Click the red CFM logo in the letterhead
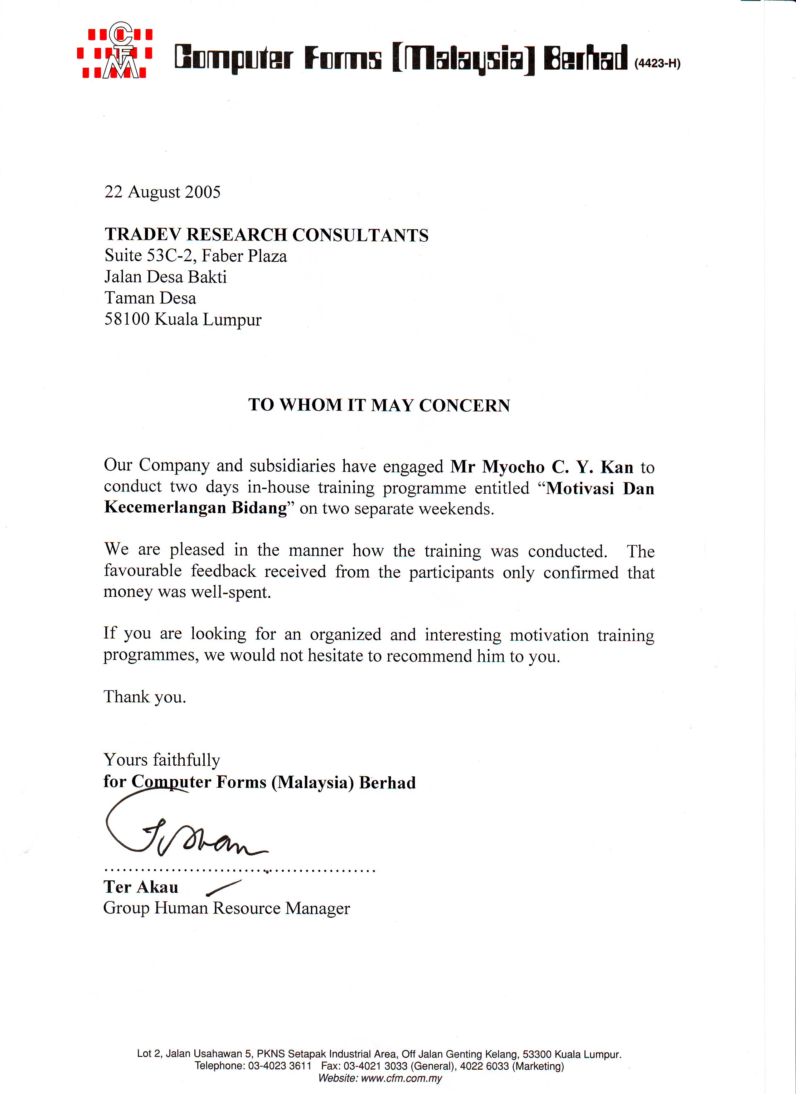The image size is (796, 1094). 115,51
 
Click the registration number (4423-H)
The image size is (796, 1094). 657,63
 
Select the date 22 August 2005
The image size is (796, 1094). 162,192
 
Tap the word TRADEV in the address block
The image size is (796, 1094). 143,235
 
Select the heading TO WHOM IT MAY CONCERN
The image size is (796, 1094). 379,405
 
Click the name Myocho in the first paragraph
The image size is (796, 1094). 513,467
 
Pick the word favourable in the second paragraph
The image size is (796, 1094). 143,571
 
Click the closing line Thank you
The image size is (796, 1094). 145,697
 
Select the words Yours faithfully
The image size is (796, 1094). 162,760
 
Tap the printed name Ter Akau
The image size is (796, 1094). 141,887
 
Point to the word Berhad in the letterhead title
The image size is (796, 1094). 585,59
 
